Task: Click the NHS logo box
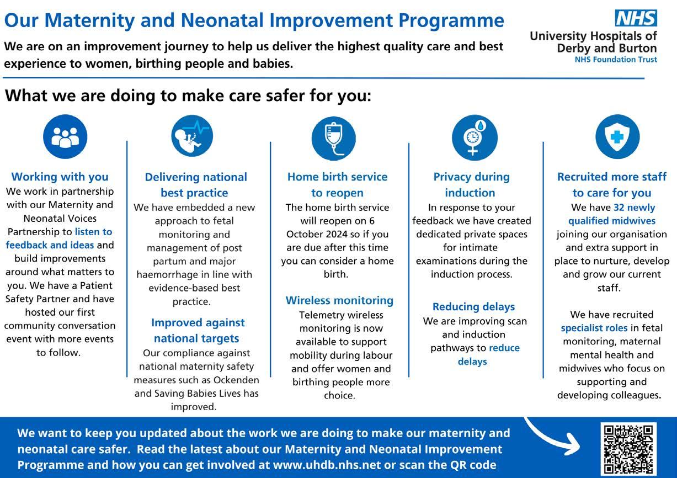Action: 636,18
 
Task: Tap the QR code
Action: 627,448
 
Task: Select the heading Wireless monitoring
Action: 339,300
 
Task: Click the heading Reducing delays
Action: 473,306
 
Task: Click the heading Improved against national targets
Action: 198,330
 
